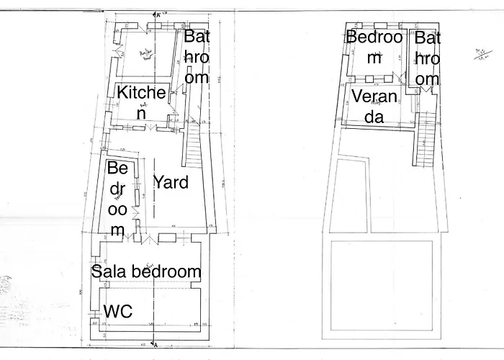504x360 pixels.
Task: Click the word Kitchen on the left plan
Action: pos(142,102)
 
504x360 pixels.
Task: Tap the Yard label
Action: pos(171,182)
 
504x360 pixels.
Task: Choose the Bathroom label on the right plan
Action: pos(427,58)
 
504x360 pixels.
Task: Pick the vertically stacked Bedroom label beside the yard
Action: pos(119,199)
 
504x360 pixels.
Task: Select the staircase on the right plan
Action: pos(425,140)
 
